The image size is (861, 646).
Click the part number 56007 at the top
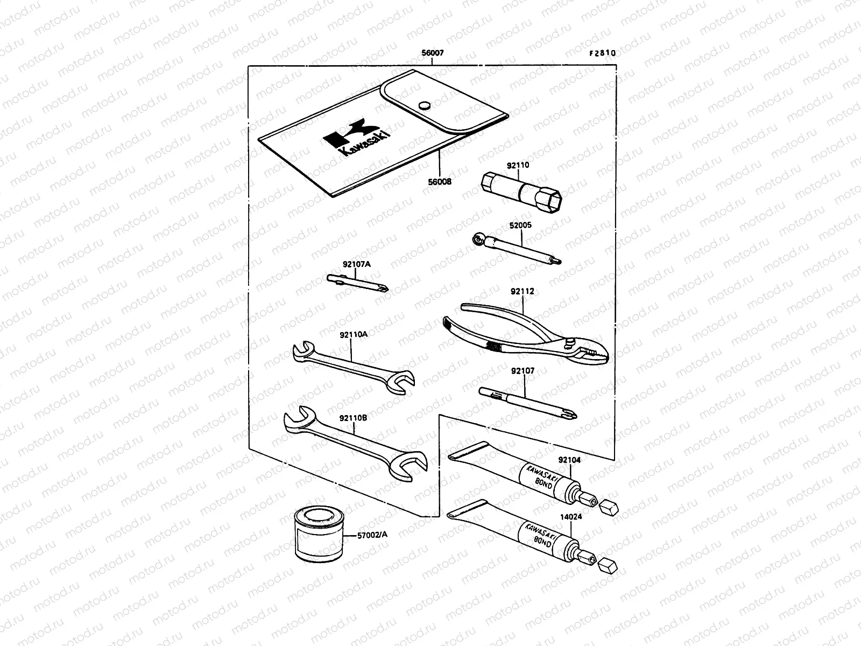(x=433, y=54)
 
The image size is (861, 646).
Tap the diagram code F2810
(x=602, y=54)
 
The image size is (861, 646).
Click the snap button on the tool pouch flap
(x=425, y=105)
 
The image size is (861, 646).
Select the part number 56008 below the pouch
(x=440, y=181)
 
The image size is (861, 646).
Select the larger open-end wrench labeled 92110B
(x=355, y=444)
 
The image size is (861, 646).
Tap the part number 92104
(x=569, y=460)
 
